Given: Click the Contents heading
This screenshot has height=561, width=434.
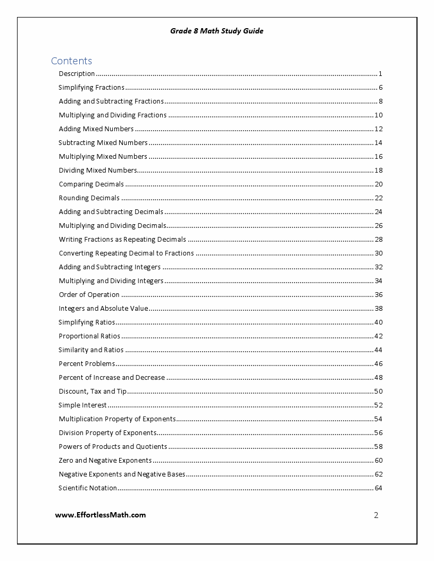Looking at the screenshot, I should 71,61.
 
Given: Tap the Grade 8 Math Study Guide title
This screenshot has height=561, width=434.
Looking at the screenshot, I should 216,31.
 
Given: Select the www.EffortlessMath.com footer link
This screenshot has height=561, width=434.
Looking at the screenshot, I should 101,515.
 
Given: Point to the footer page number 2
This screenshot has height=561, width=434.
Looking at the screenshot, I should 376,515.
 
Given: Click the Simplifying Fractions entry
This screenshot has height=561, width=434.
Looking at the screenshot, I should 91,88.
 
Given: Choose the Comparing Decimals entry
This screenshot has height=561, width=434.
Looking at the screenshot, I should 91,184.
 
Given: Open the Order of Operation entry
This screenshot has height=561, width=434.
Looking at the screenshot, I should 89,295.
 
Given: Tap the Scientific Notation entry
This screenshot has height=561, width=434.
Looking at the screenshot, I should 88,488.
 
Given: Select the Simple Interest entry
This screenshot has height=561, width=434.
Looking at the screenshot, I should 82,405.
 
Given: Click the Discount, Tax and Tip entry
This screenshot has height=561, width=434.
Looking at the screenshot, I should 93,392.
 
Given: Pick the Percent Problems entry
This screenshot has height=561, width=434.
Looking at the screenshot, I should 87,364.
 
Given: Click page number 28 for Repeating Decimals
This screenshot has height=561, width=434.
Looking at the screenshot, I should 379,240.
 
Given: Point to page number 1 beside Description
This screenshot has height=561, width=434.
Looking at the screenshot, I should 381,74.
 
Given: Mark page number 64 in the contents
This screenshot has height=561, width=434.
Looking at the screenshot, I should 379,488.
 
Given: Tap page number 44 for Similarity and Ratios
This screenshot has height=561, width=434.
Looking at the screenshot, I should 379,350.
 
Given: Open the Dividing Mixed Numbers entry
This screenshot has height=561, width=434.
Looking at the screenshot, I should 98,171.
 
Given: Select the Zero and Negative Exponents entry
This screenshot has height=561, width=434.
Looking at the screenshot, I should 105,461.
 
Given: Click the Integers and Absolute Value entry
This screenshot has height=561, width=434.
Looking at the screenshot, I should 103,309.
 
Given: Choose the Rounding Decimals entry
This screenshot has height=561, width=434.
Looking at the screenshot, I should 89,198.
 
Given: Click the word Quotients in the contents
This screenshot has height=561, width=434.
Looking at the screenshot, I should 152,447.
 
